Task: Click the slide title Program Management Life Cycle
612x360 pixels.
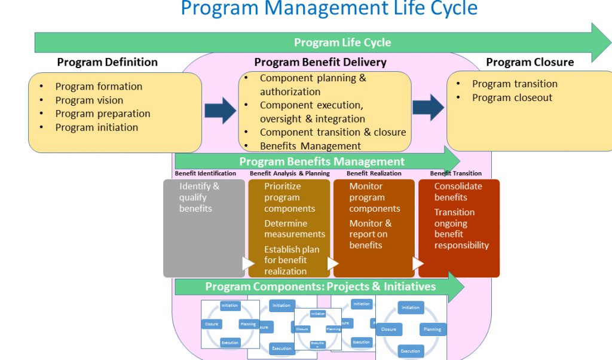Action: [329, 8]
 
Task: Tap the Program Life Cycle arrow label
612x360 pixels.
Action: [342, 42]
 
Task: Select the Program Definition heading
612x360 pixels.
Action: [108, 62]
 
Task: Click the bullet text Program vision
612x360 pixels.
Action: [89, 100]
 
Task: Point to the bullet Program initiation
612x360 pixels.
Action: [96, 127]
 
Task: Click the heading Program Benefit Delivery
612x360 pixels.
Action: [320, 62]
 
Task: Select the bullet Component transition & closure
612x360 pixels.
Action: [332, 133]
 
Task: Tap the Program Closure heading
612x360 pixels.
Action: [530, 62]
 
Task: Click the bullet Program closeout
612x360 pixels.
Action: [512, 97]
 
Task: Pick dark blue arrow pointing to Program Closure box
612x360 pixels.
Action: [429, 107]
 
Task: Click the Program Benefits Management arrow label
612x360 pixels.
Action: [322, 161]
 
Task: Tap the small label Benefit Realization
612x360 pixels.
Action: [374, 173]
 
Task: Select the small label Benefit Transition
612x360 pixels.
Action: [455, 173]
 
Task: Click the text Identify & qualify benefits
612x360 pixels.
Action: [199, 197]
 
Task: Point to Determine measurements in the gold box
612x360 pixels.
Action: [295, 229]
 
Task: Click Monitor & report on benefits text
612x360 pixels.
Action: [370, 234]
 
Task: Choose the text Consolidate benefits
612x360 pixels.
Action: [458, 191]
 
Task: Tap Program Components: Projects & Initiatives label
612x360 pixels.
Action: [320, 286]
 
